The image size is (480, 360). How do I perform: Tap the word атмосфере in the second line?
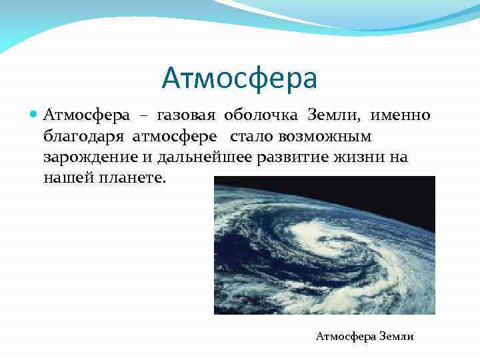coord(175,137)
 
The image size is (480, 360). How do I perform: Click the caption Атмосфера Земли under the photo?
coord(364,337)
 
